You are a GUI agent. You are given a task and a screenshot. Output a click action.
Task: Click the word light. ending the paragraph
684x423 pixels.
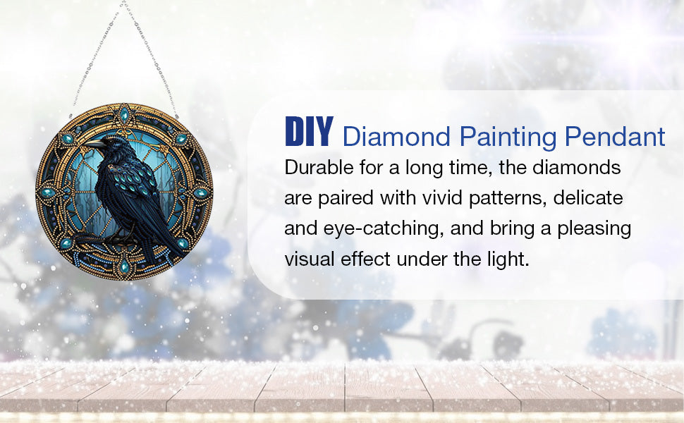[x=505, y=259]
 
